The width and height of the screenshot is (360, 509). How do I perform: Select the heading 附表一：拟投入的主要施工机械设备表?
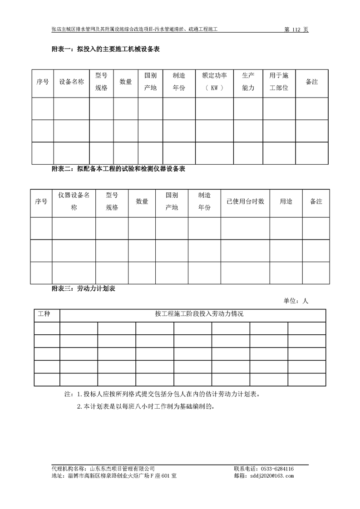106,49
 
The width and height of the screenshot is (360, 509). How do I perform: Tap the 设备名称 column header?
71,82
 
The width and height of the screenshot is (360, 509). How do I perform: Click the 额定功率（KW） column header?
214,82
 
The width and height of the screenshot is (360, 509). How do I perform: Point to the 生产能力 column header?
248,82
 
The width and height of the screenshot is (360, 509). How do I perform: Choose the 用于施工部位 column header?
279,82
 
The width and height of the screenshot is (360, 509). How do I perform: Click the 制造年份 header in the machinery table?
179,82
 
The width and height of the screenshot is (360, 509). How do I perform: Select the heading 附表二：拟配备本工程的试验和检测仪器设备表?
119,169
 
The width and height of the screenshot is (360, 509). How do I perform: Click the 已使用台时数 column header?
245,201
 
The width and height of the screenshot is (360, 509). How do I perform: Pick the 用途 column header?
286,201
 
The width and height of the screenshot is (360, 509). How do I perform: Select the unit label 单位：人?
296,300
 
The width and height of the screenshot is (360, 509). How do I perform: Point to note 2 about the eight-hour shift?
145,406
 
